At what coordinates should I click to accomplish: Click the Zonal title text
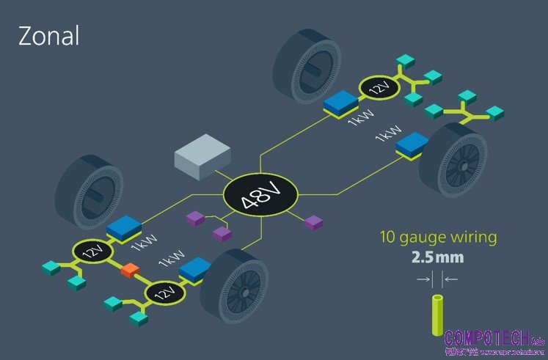(48, 36)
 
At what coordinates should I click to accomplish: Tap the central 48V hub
(260, 196)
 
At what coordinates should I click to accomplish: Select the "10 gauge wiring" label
(438, 238)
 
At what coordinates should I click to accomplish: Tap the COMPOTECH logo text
(487, 339)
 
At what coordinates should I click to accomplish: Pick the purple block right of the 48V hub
(313, 221)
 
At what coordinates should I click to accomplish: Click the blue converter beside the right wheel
(412, 144)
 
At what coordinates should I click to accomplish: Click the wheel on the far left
(85, 191)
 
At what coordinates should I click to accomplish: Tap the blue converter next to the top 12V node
(340, 104)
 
